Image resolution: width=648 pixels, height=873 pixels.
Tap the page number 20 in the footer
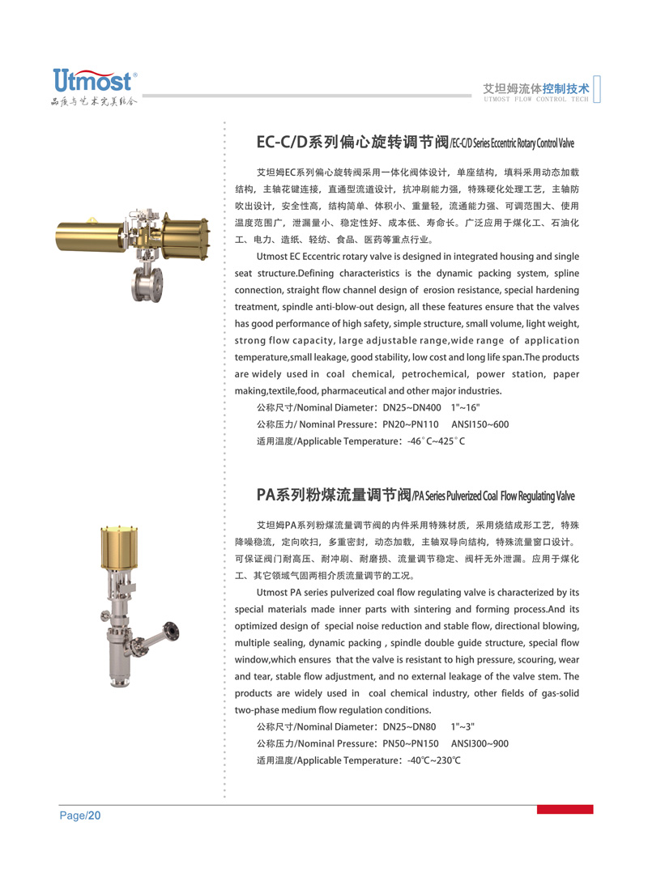click(94, 816)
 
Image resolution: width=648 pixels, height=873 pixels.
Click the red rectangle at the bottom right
click(565, 809)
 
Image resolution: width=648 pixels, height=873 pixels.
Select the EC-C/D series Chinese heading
click(352, 143)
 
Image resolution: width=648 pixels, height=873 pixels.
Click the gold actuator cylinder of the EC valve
click(84, 232)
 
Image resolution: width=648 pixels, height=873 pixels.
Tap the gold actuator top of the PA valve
click(117, 549)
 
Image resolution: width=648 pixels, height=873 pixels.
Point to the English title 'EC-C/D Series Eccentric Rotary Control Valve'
click(511, 144)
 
